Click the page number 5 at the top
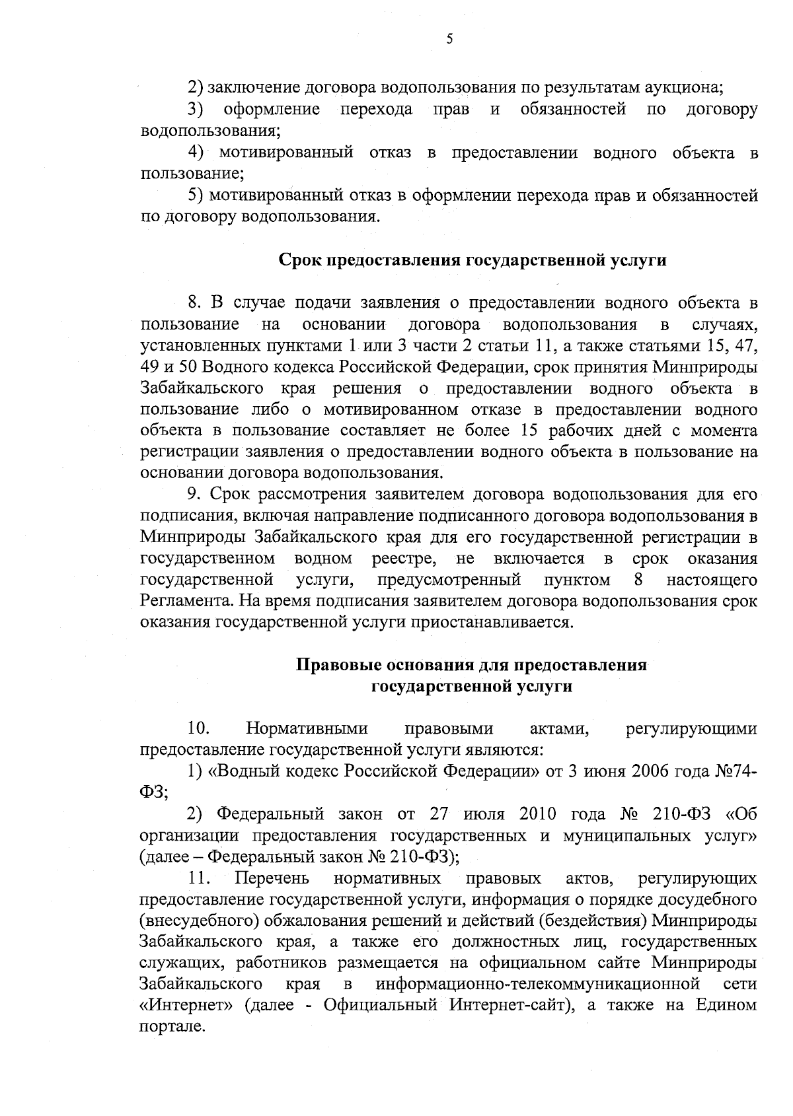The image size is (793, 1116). (x=449, y=39)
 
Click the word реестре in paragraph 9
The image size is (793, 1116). (x=404, y=559)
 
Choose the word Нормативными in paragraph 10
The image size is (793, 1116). (x=306, y=728)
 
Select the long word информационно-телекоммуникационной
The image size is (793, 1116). (x=537, y=984)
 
